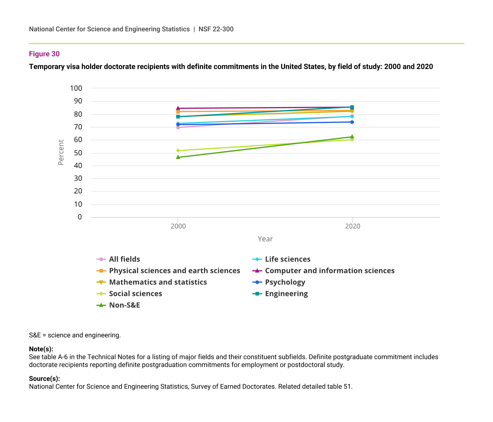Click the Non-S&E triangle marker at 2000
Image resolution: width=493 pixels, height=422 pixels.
pyautogui.click(x=178, y=157)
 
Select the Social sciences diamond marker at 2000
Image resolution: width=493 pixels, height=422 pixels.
pyautogui.click(x=178, y=151)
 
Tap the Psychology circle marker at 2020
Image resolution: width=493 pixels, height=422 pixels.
pyautogui.click(x=352, y=122)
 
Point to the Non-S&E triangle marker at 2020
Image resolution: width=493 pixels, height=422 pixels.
pyautogui.click(x=352, y=137)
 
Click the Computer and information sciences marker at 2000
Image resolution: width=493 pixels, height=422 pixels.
pyautogui.click(x=178, y=108)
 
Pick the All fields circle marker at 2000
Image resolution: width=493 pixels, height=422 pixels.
pyautogui.click(x=178, y=128)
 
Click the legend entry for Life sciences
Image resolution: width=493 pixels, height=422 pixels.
pyautogui.click(x=287, y=259)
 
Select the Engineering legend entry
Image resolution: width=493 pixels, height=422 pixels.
pyautogui.click(x=286, y=294)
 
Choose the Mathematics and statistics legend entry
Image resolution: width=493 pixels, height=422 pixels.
pyautogui.click(x=158, y=282)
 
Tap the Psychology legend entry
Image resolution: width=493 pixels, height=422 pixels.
pyautogui.click(x=285, y=282)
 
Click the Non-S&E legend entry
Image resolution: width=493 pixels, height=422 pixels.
pyautogui.click(x=124, y=305)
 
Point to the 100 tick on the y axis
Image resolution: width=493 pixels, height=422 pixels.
pyautogui.click(x=76, y=88)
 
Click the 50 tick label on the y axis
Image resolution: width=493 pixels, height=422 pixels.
pyautogui.click(x=78, y=153)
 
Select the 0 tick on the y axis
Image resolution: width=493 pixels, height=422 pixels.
pyautogui.click(x=80, y=217)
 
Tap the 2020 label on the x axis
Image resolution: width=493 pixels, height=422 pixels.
pyautogui.click(x=352, y=226)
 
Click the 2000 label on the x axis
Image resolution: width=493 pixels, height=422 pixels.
pyautogui.click(x=178, y=226)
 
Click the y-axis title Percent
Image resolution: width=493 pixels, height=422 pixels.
pyautogui.click(x=61, y=153)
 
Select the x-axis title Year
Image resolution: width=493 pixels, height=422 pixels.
pyautogui.click(x=265, y=239)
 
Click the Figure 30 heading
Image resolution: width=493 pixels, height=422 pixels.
pyautogui.click(x=44, y=54)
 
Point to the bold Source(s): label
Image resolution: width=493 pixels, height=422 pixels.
pyautogui.click(x=44, y=378)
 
